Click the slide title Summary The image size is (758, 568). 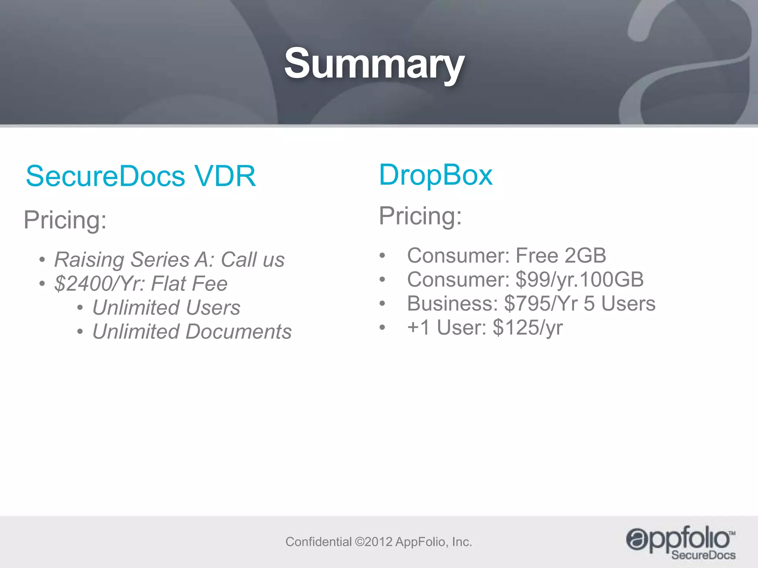pos(374,64)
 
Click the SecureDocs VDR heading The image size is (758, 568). pos(141,176)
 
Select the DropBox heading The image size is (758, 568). pos(436,175)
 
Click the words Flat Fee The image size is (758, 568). pos(189,284)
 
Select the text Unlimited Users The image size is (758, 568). pos(166,307)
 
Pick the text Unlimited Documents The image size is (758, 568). pos(192,331)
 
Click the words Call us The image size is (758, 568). pos(253,259)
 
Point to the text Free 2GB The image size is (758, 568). pos(561,255)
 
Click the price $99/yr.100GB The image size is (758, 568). pos(580,279)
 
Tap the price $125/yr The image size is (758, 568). pos(528,327)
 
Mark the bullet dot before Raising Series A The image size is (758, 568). pos(43,260)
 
